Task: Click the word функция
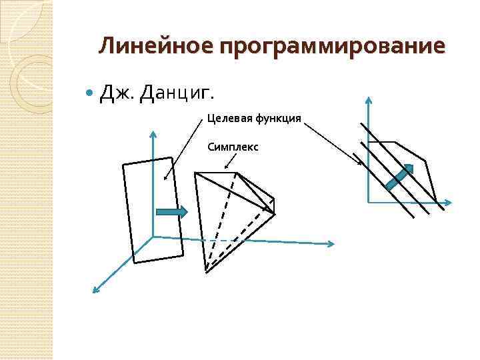point(277,119)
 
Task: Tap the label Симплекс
point(233,145)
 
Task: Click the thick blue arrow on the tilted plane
point(171,211)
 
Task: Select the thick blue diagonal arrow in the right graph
point(399,177)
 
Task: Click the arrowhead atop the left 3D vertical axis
point(153,134)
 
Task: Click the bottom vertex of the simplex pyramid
point(206,271)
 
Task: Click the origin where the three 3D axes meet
point(153,237)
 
